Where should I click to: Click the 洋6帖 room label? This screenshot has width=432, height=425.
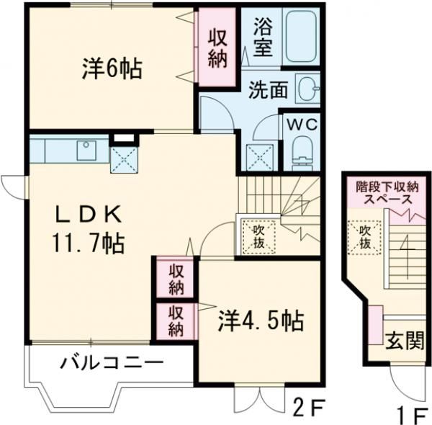point(112,68)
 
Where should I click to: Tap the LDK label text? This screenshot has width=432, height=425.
point(89,215)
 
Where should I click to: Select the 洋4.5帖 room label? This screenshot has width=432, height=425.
point(261,321)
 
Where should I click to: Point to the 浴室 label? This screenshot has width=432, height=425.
point(263,37)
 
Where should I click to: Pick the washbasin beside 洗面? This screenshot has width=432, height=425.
point(307,89)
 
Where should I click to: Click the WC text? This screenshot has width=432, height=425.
point(302,125)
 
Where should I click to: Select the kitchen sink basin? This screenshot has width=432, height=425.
point(86,151)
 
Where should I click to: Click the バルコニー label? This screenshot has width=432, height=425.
point(112,364)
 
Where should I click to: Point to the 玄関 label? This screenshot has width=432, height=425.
point(404,340)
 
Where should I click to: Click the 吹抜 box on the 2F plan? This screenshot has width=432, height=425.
point(258,237)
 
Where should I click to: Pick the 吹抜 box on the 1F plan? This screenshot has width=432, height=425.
point(365,237)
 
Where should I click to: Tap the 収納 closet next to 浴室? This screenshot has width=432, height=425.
point(217,47)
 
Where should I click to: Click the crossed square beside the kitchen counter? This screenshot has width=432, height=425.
point(124,160)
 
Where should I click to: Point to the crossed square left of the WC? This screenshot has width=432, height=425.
point(260,158)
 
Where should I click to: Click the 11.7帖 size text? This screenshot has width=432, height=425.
point(88,243)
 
